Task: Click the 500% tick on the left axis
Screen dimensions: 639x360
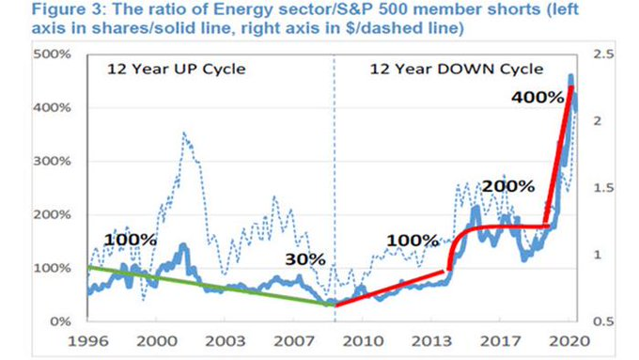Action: (x=52, y=55)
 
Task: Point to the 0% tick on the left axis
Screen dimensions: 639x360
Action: (x=60, y=321)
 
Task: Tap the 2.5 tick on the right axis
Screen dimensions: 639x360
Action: (x=603, y=55)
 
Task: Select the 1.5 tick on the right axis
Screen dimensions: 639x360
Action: (x=603, y=188)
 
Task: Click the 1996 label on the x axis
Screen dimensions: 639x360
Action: (x=88, y=341)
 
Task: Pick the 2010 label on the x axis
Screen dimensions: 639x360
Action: (x=363, y=341)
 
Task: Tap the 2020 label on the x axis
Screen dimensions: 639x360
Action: (x=569, y=341)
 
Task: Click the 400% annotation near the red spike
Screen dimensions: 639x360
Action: (x=538, y=98)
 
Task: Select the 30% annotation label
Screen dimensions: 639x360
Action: (x=305, y=259)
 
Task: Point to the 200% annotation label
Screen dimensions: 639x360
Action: (x=508, y=186)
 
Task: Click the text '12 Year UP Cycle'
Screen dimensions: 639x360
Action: (x=176, y=69)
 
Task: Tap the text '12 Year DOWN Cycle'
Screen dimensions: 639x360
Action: (x=457, y=69)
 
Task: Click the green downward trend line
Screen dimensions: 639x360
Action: (x=210, y=286)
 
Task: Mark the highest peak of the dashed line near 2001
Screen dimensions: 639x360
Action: (x=184, y=133)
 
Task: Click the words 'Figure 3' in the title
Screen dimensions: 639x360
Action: (x=66, y=9)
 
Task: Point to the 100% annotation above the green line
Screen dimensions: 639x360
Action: (x=131, y=240)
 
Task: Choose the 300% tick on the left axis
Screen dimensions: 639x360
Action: (x=52, y=161)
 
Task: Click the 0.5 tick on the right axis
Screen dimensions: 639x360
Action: (x=603, y=321)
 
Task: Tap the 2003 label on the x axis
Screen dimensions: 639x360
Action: (x=226, y=341)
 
